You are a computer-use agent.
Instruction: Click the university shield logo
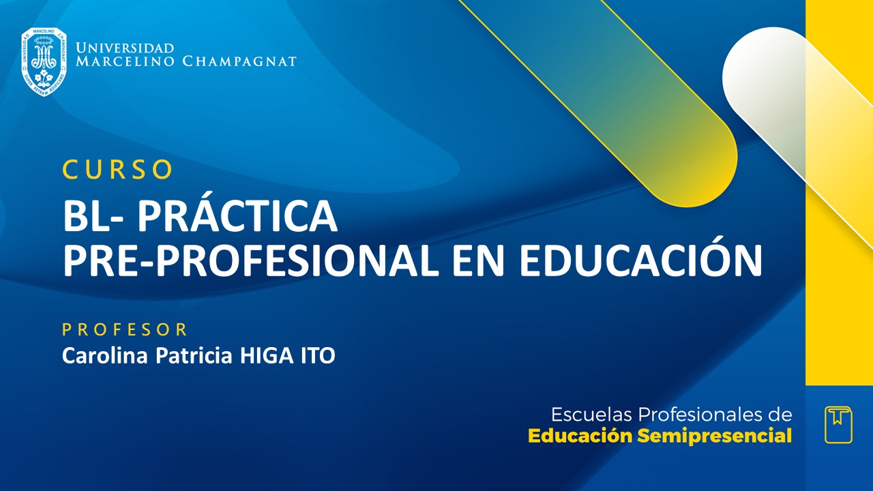click(44, 61)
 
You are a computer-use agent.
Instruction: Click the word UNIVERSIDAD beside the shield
click(125, 48)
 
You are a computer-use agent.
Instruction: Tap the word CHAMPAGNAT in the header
click(239, 62)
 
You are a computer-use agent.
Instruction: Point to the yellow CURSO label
click(117, 170)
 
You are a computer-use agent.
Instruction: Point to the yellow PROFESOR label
click(125, 330)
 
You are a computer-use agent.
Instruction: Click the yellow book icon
click(838, 425)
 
